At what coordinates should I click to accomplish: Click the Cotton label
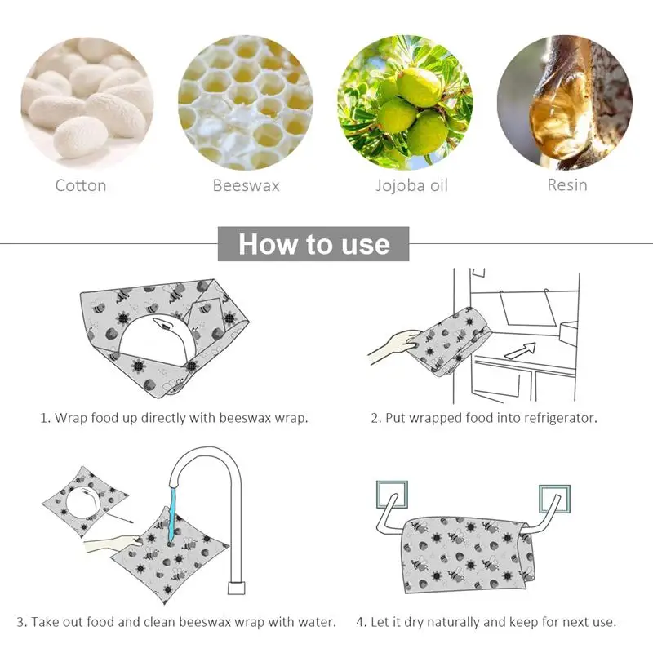pos(81,185)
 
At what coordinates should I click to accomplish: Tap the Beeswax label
pos(247,185)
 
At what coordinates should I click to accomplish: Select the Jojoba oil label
pos(411,186)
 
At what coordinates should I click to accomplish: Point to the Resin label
pos(567,185)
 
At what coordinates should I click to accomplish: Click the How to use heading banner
pos(313,243)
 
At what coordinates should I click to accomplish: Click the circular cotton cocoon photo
pos(87,103)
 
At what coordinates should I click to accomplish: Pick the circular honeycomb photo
pos(247,103)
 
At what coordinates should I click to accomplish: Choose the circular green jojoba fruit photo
pos(405,103)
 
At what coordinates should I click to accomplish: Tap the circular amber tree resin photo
pos(565,103)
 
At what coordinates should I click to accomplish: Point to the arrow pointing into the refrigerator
pos(521,350)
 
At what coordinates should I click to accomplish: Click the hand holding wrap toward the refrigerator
pos(395,347)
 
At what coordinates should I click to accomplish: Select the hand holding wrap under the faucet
pos(113,544)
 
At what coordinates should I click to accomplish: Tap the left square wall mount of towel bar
pos(392,495)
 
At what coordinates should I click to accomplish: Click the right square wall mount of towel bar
pos(554,499)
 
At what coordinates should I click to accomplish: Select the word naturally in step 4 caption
pos(454,622)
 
